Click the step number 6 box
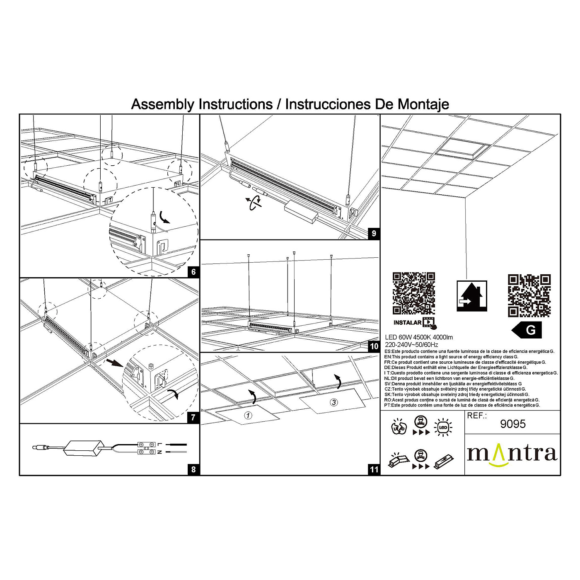(193, 272)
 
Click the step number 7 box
(193, 418)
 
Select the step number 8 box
(193, 469)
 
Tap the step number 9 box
(374, 234)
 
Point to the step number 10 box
(374, 346)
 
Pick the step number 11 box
(374, 469)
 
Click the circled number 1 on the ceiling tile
(248, 415)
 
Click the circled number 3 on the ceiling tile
(334, 402)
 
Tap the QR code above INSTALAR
(413, 293)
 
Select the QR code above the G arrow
(529, 295)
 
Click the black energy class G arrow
(527, 330)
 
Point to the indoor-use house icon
(472, 296)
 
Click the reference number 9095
(512, 424)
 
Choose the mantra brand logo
(512, 454)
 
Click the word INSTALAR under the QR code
(407, 322)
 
